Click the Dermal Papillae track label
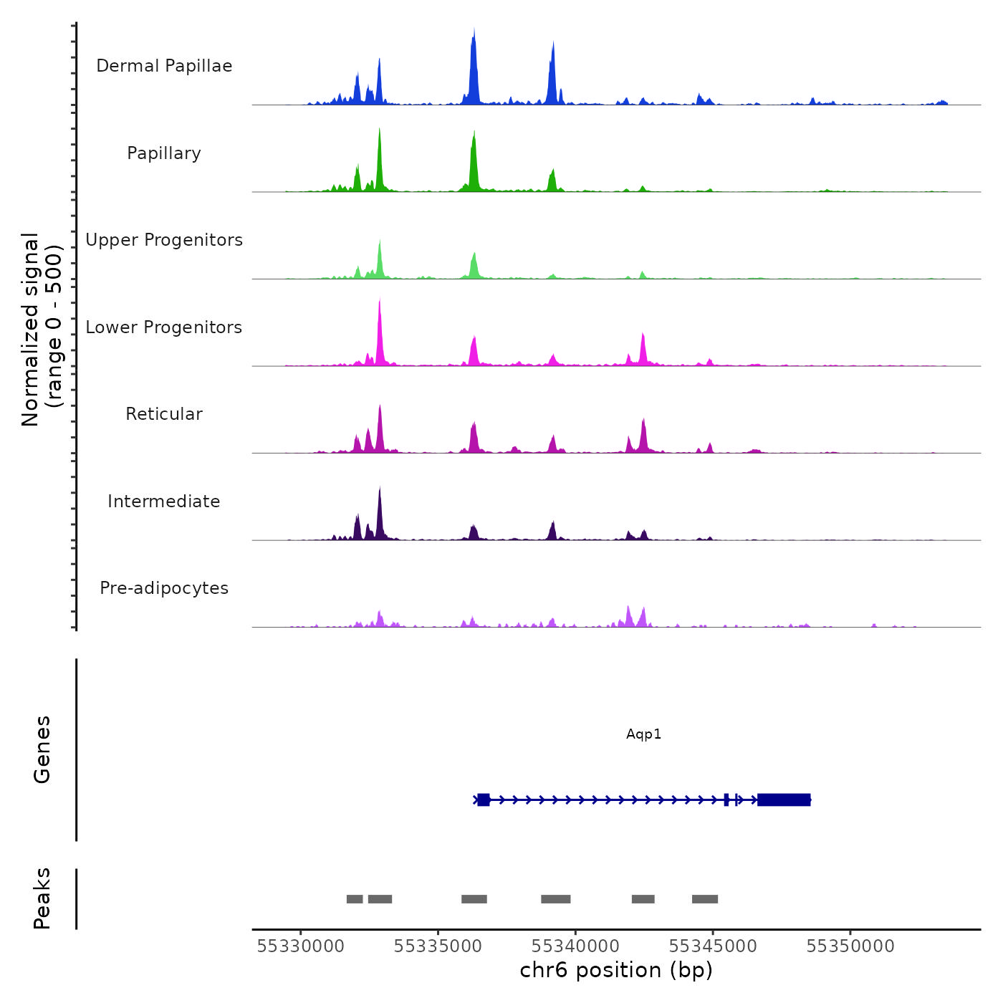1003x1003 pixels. click(x=164, y=66)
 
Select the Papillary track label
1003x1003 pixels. click(x=164, y=153)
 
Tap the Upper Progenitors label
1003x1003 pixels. click(x=164, y=240)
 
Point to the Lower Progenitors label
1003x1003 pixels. click(x=164, y=327)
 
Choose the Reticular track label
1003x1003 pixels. click(x=164, y=414)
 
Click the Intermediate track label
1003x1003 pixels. click(x=164, y=501)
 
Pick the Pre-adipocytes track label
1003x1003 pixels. click(x=164, y=588)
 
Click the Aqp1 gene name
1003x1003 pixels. click(x=643, y=734)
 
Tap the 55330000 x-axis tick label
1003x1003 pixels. click(x=300, y=946)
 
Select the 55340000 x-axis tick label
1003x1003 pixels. click(x=575, y=946)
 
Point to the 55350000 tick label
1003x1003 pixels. click(x=850, y=946)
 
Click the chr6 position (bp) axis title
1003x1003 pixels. click(x=616, y=970)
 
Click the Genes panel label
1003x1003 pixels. click(x=42, y=749)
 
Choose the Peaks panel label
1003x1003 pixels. click(x=42, y=898)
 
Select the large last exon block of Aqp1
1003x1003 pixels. click(x=784, y=800)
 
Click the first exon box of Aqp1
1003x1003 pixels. click(x=484, y=800)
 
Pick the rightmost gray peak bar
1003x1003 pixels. click(x=705, y=899)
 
